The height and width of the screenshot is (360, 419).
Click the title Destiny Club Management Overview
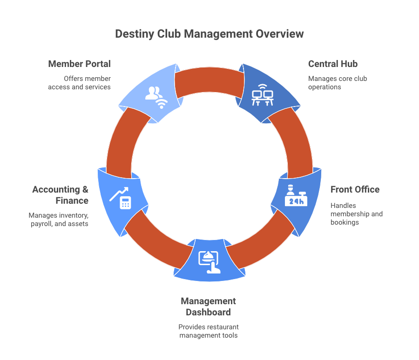click(209, 34)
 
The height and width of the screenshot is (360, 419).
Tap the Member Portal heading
click(79, 64)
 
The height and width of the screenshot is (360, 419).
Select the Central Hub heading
click(332, 64)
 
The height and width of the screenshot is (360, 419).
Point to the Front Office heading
click(355, 189)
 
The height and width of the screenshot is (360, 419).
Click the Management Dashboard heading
click(208, 307)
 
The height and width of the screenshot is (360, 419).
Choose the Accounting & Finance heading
click(60, 195)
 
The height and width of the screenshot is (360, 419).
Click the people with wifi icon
click(155, 97)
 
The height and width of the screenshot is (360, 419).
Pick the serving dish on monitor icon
click(209, 261)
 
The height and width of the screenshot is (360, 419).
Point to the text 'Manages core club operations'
click(338, 83)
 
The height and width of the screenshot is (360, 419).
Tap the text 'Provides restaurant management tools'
click(208, 331)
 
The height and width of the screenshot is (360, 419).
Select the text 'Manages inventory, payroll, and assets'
click(58, 220)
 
